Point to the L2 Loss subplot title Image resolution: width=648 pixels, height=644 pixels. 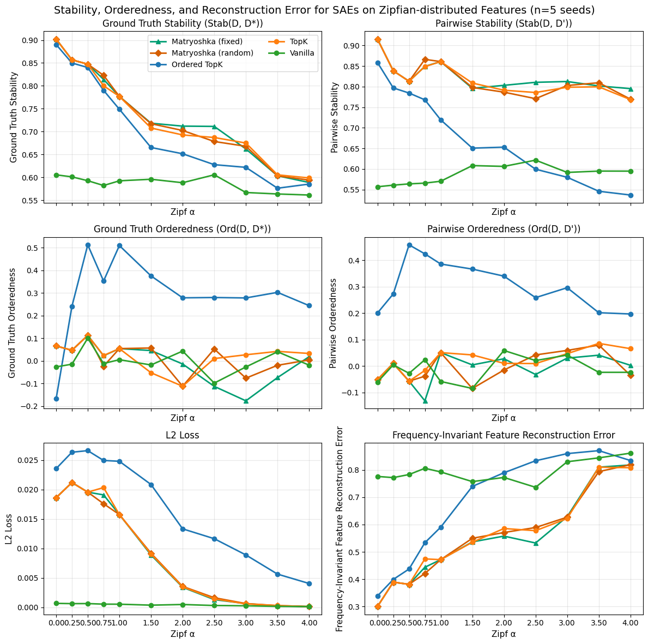tap(183, 435)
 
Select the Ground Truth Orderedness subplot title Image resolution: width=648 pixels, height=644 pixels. tap(183, 229)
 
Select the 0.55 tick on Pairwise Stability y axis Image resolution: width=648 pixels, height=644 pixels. tap(351, 190)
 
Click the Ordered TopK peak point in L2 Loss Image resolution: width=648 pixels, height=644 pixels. tap(88, 450)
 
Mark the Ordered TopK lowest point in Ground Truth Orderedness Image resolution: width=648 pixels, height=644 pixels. tap(56, 399)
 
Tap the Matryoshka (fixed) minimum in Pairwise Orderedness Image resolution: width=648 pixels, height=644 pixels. tap(425, 401)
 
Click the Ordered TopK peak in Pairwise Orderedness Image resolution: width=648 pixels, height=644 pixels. tap(409, 245)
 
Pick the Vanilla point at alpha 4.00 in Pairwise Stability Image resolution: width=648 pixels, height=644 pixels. tap(631, 171)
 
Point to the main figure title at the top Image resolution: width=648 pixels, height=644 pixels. tap(324, 10)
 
